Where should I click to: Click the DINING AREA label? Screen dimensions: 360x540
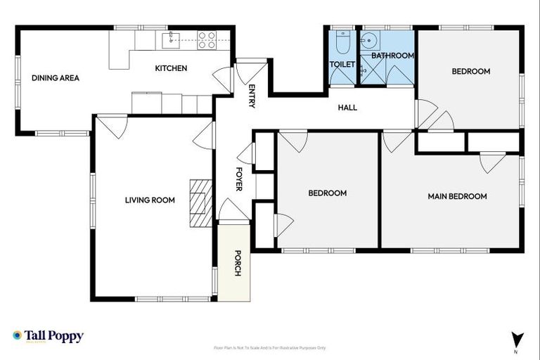tap(55, 78)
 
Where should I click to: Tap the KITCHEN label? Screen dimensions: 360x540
tap(171, 68)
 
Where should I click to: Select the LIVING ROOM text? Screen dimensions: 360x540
tap(150, 200)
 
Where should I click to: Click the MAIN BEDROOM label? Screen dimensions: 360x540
tap(457, 196)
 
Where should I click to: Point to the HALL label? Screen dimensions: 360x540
tap(347, 108)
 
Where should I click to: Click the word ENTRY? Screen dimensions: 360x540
tap(252, 96)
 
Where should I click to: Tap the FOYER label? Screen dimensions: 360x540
tap(238, 179)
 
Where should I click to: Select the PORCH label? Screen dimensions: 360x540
tap(238, 263)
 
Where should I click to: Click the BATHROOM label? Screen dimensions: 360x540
tap(392, 56)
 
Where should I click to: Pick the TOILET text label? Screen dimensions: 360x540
tap(342, 64)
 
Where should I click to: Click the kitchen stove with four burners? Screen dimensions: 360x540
tap(206, 40)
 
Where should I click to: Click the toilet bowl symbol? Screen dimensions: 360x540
tap(342, 43)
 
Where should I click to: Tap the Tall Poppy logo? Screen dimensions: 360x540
tap(48, 336)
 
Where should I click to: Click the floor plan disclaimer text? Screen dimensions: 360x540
tap(269, 347)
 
